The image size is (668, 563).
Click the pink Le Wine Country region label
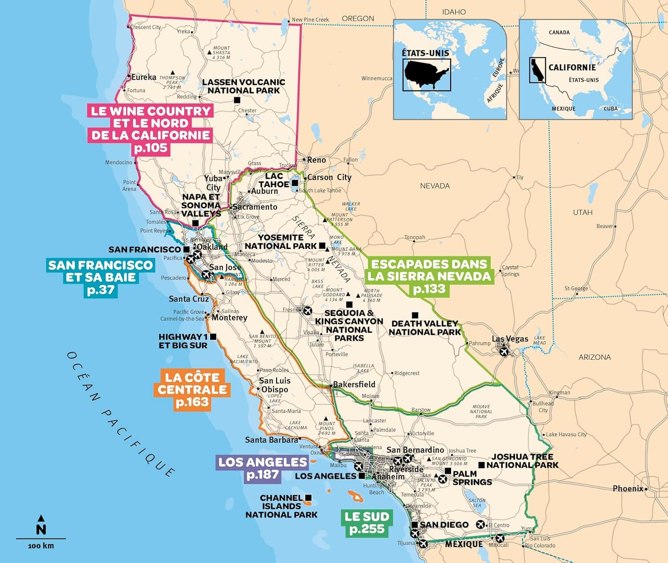tap(151, 130)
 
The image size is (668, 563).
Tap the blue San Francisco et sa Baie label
tap(101, 277)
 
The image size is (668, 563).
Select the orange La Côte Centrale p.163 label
tap(192, 390)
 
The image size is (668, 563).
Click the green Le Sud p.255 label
tap(367, 523)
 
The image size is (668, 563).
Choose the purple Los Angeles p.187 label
tap(262, 468)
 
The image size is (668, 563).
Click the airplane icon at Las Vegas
tap(504, 351)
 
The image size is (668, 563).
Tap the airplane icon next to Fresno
tap(307, 310)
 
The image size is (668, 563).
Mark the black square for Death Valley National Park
tap(415, 315)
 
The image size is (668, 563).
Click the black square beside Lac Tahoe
tap(295, 183)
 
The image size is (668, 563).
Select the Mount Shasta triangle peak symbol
tap(209, 53)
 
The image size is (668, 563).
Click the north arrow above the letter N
tap(41, 518)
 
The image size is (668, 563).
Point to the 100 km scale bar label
tap(41, 546)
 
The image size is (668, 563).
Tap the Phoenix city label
tap(628, 489)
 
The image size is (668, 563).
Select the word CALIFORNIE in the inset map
tap(572, 67)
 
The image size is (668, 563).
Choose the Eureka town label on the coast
tap(143, 77)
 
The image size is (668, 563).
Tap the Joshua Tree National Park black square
tap(481, 465)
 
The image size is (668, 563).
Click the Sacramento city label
tap(255, 207)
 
